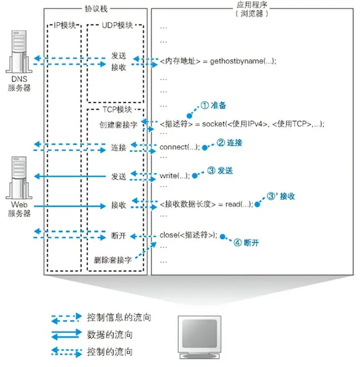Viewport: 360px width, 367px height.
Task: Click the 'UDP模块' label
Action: (117, 26)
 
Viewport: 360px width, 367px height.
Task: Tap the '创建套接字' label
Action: (118, 124)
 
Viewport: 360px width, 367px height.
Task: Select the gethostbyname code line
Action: (218, 61)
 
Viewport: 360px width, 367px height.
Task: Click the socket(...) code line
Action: (245, 124)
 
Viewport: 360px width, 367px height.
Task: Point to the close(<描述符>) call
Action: (189, 235)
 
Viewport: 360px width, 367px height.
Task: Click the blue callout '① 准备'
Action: (214, 106)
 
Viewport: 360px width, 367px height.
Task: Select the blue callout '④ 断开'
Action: (246, 242)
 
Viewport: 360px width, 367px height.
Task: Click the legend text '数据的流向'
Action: (111, 335)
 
